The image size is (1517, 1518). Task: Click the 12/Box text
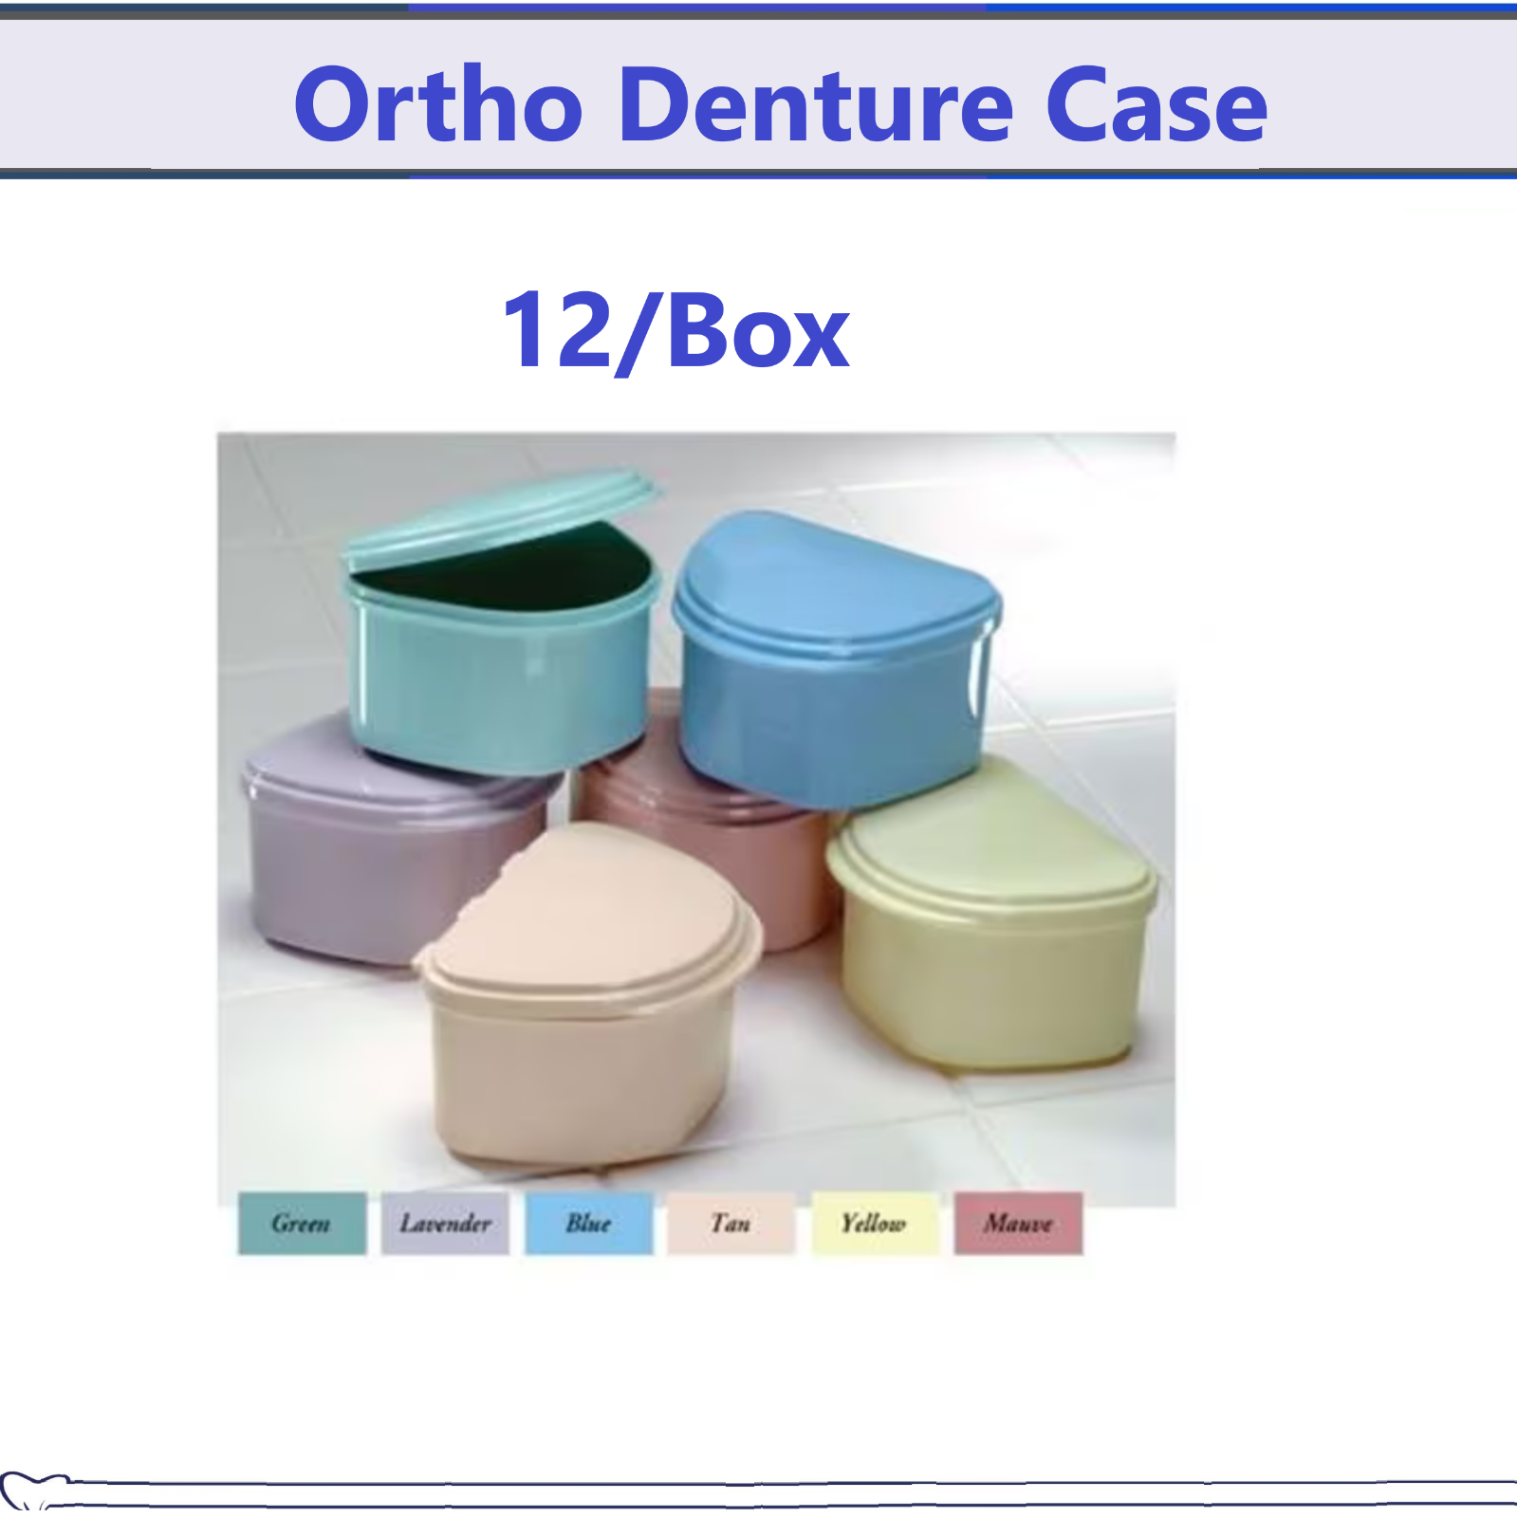point(675,330)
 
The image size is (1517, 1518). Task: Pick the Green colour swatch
point(302,1223)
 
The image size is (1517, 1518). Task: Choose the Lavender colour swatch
point(445,1223)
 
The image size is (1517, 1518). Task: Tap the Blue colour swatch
point(589,1223)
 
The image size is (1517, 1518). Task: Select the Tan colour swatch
point(731,1223)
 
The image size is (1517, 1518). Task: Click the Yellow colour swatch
point(875,1223)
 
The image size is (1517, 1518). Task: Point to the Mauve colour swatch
point(1018,1223)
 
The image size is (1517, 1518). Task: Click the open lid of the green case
point(498,517)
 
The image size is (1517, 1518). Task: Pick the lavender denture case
point(379,844)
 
